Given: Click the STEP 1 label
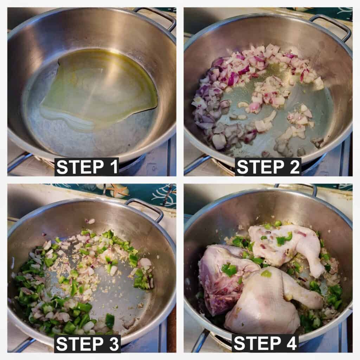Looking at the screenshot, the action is pyautogui.click(x=87, y=167).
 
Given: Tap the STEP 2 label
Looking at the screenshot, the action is pyautogui.click(x=268, y=167).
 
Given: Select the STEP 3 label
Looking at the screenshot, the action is pyautogui.click(x=87, y=344).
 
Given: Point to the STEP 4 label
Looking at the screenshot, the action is pyautogui.click(x=265, y=343).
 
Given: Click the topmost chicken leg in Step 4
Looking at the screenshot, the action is pyautogui.click(x=287, y=246).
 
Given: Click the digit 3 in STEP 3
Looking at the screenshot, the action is pyautogui.click(x=113, y=344).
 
